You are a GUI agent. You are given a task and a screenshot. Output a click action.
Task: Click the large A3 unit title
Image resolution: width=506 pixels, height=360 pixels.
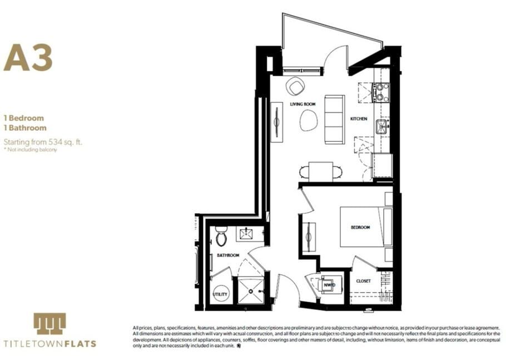[28, 58]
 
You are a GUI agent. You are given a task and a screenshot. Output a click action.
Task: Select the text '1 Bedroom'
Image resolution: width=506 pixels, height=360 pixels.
[23, 118]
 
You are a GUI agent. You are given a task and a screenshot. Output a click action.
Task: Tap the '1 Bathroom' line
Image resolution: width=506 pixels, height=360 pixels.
[25, 128]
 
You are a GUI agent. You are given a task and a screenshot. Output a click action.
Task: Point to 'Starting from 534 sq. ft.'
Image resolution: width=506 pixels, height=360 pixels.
[43, 142]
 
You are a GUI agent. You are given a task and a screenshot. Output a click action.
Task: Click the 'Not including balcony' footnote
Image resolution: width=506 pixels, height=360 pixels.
[30, 150]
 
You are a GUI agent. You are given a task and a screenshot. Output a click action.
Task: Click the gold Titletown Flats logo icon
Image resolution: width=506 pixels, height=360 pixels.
[49, 323]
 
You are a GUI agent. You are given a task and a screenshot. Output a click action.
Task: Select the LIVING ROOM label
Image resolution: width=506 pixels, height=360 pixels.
[303, 104]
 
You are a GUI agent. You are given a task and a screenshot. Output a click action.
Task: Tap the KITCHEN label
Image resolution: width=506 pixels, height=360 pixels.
[358, 119]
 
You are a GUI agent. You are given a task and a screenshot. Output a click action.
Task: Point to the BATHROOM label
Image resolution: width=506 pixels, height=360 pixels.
[228, 255]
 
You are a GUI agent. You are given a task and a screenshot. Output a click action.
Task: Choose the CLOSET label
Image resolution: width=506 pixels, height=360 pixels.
[363, 281]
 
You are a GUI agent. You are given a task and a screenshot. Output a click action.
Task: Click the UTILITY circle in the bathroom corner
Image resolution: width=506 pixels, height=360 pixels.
[221, 293]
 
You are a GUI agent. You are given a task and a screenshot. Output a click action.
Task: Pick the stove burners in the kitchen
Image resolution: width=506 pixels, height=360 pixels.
[380, 92]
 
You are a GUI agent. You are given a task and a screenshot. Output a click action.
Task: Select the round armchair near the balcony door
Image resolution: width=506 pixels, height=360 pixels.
[295, 86]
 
